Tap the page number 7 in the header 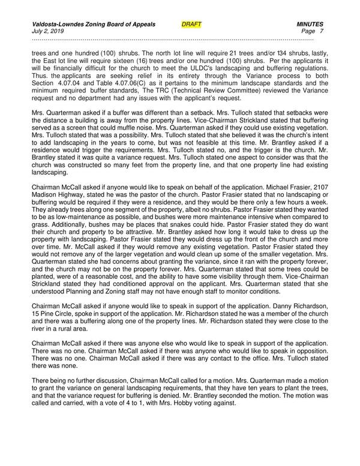coord(322,31)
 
